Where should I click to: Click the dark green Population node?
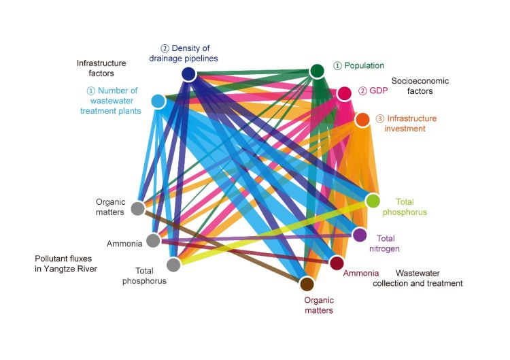318,71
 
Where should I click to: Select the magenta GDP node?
345,93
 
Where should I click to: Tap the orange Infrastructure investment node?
362,120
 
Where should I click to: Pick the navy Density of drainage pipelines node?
189,74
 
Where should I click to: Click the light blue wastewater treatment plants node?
158,101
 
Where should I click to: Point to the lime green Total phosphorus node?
373,201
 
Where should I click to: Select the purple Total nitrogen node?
360,235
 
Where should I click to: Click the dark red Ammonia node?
337,263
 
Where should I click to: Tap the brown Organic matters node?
307,284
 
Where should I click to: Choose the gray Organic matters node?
137,208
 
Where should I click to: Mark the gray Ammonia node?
153,240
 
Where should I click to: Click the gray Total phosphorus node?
173,264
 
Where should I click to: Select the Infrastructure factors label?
101,68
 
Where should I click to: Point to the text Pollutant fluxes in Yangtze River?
66,264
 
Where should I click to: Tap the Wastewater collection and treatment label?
418,278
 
